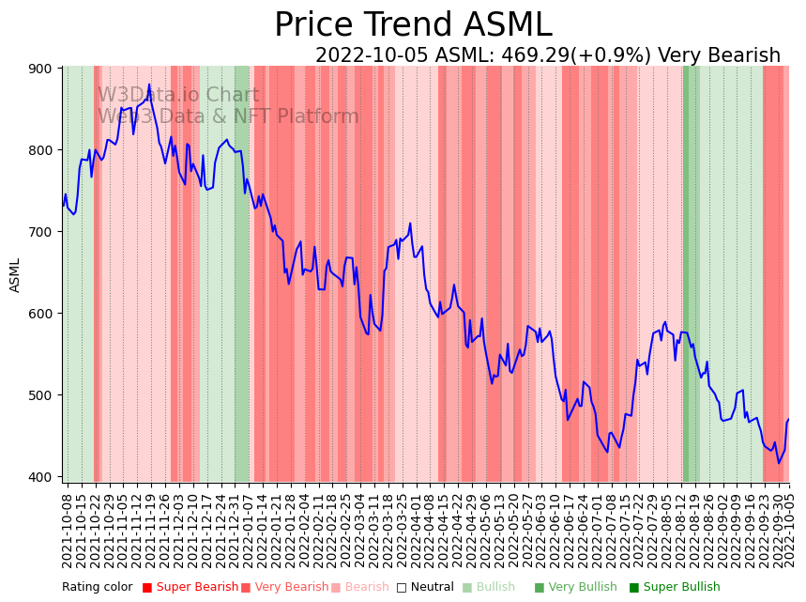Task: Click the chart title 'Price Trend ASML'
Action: (x=413, y=25)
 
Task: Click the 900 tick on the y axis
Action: (x=44, y=69)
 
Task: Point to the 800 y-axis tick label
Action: (x=44, y=150)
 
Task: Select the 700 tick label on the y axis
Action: (x=44, y=232)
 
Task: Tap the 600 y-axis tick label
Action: (x=44, y=314)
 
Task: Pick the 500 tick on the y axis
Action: (x=44, y=395)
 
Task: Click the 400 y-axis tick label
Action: (x=44, y=477)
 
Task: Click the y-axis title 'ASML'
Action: (x=15, y=275)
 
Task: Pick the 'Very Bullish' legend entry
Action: (x=576, y=588)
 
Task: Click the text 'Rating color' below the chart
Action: (x=98, y=588)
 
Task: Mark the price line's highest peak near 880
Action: (x=148, y=85)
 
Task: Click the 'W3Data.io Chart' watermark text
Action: (x=177, y=95)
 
